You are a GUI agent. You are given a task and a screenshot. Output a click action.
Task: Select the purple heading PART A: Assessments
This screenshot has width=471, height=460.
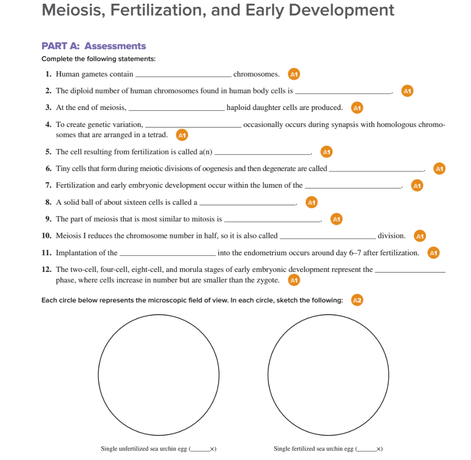click(x=93, y=46)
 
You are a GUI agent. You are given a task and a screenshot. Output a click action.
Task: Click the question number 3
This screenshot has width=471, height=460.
click(x=48, y=108)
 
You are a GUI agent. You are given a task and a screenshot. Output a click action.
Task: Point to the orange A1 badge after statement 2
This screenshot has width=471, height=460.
click(x=407, y=91)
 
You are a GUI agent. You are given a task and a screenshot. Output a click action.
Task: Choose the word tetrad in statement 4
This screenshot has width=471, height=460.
click(x=156, y=135)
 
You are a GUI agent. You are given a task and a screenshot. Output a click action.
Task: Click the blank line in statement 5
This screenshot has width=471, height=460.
click(x=263, y=154)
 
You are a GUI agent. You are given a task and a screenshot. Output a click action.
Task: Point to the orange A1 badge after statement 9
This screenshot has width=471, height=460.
click(x=337, y=219)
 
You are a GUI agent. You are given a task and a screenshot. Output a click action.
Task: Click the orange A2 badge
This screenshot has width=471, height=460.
click(x=357, y=300)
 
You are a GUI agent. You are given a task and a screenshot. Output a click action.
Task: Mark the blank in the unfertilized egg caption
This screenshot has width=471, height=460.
click(x=200, y=449)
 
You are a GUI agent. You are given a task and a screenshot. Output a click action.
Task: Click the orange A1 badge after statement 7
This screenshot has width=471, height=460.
click(x=417, y=186)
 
